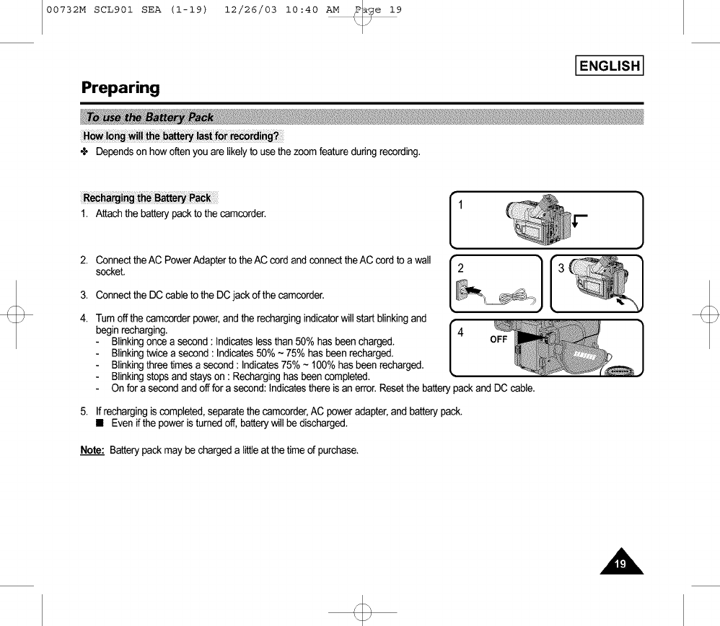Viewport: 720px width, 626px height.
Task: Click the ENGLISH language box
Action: coord(610,66)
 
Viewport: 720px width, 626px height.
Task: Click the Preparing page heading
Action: coord(120,88)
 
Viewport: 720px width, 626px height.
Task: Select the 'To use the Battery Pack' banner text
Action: coord(149,118)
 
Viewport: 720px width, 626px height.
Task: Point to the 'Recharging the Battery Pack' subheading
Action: coord(147,198)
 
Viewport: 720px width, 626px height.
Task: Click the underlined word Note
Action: coord(92,451)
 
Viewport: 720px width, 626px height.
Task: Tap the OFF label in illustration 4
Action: coord(499,340)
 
